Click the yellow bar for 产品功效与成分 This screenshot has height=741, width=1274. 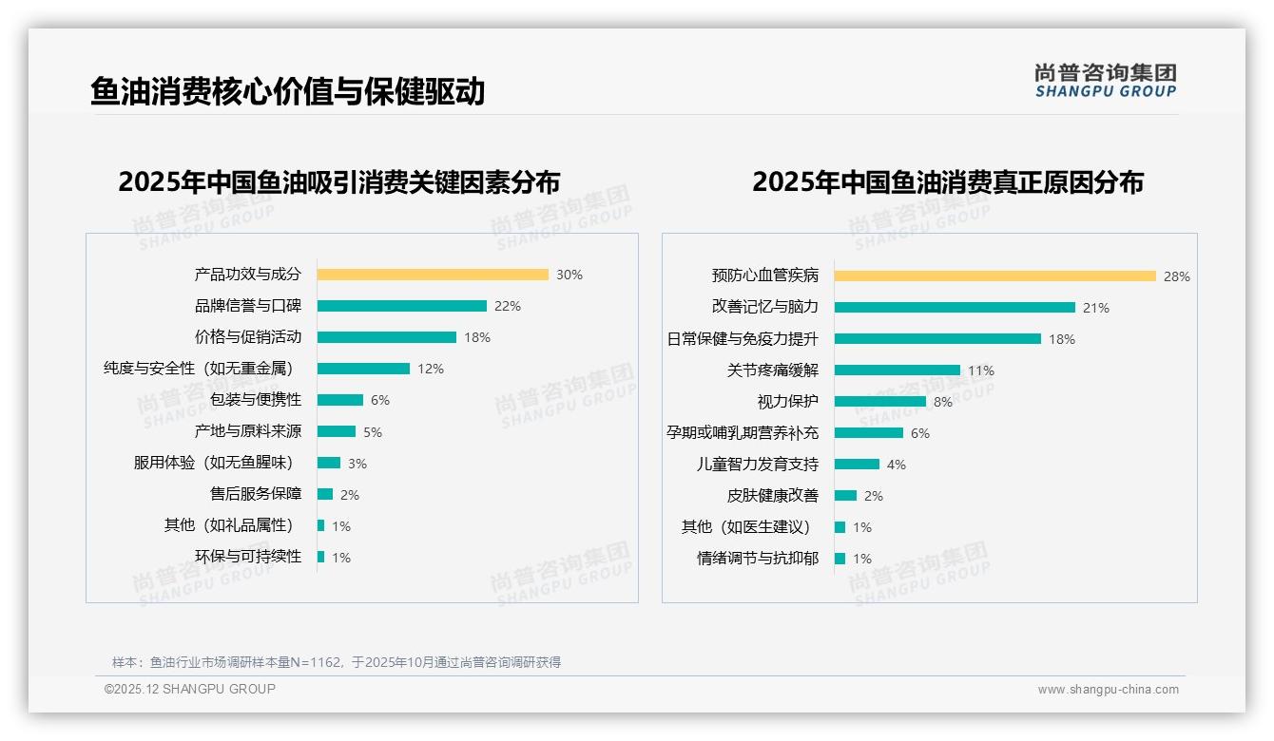433,275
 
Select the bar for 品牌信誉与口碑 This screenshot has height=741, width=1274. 401,306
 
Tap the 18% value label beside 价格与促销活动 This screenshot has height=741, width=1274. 477,337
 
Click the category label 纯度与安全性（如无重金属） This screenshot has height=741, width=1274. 198,369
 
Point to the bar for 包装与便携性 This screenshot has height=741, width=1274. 339,400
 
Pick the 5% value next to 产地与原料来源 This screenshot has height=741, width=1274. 373,432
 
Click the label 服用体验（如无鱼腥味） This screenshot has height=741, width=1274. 213,463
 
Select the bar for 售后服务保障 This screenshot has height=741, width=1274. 324,494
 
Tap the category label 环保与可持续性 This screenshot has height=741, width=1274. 248,557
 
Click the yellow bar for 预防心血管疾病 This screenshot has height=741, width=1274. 994,275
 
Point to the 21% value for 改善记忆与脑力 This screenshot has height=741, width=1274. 1096,308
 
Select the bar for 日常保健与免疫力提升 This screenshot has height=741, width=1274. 937,338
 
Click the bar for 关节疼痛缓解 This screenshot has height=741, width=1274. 897,370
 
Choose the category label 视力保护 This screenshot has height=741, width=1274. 787,401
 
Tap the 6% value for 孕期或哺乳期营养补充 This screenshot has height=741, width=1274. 920,433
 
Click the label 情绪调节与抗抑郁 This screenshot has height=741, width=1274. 757,559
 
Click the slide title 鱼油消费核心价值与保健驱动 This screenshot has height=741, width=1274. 287,91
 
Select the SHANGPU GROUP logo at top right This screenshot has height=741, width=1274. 1105,81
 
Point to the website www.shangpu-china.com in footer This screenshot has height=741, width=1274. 1108,690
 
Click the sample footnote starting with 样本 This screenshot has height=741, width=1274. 337,662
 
